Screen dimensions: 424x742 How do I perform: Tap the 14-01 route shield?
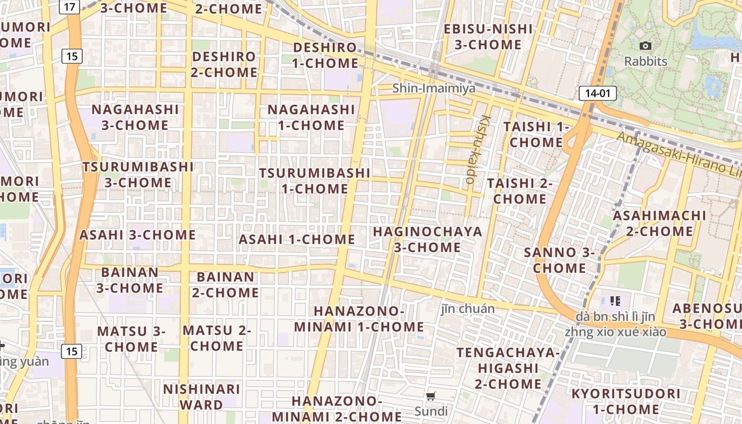pyautogui.click(x=598, y=93)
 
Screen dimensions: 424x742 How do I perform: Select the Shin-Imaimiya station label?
pyautogui.click(x=434, y=88)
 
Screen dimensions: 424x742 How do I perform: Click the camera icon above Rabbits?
pyautogui.click(x=645, y=46)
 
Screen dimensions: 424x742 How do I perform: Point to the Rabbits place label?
pyautogui.click(x=646, y=61)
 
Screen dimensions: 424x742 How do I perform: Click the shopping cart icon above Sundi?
pyautogui.click(x=431, y=396)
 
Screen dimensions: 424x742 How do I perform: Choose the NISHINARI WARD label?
pyautogui.click(x=201, y=397)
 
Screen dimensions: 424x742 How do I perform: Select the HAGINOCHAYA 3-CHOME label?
pyautogui.click(x=428, y=239)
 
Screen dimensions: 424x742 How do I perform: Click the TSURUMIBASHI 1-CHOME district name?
pyautogui.click(x=315, y=181)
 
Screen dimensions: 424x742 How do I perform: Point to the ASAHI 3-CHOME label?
pyautogui.click(x=138, y=235)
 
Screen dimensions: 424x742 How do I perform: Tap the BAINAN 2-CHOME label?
pyautogui.click(x=225, y=285)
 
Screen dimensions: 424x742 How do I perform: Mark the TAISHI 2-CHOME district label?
pyautogui.click(x=519, y=191)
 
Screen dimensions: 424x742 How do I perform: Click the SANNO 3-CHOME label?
pyautogui.click(x=559, y=260)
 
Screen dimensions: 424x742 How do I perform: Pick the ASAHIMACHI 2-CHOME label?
pyautogui.click(x=659, y=224)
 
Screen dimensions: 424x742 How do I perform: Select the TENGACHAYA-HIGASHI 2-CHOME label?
pyautogui.click(x=508, y=368)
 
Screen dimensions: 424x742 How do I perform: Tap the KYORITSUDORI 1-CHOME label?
pyautogui.click(x=625, y=401)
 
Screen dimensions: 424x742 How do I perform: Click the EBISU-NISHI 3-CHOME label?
pyautogui.click(x=488, y=37)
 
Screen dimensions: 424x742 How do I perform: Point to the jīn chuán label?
pyautogui.click(x=468, y=308)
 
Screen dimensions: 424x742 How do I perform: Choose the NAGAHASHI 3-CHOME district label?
pyautogui.click(x=135, y=117)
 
